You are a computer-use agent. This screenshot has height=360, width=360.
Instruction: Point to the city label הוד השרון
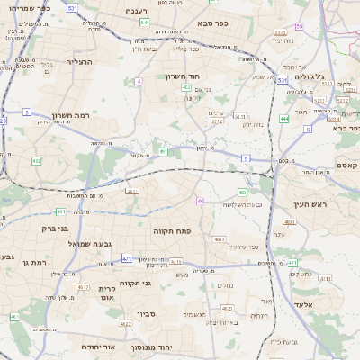[x=207, y=77]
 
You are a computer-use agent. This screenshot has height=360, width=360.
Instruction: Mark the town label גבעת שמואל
[x=88, y=244]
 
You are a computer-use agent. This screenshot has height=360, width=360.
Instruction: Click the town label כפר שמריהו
[x=37, y=7]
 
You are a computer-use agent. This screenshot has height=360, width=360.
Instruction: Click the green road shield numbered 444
[x=284, y=118]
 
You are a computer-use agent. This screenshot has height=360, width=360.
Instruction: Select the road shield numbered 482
[x=37, y=160]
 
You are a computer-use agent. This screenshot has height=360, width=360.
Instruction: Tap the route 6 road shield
[x=308, y=129]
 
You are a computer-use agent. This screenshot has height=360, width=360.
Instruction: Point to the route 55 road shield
[x=300, y=27]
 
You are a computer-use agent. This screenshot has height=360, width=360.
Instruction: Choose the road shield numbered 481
[x=61, y=211]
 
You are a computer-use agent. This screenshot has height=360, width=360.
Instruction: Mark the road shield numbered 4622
[x=83, y=286]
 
